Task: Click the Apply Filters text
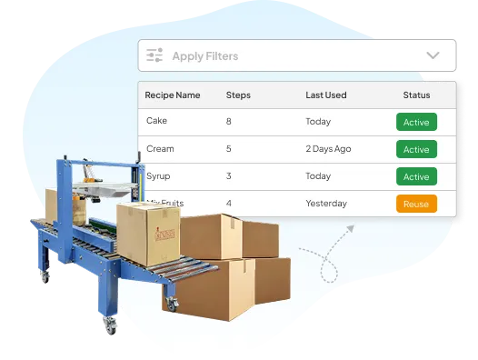pos(204,56)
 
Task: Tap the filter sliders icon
pos(154,55)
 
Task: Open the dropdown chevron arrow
pos(433,55)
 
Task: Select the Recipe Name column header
pos(173,95)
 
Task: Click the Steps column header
pos(238,95)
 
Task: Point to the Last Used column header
pos(326,95)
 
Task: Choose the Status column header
pos(416,95)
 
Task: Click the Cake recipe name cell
pos(156,122)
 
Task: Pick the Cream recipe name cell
pos(160,149)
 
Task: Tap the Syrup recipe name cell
pos(158,176)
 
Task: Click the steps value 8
pos(228,122)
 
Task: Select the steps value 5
pos(228,149)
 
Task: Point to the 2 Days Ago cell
pos(333,149)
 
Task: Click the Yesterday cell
pos(326,204)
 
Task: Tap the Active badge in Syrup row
pos(416,176)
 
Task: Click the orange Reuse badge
pos(416,204)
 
